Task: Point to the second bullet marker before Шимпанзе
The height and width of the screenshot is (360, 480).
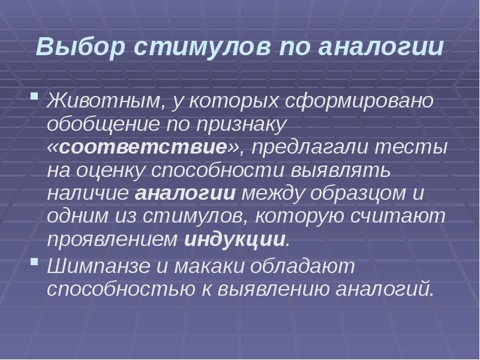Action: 35,263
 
